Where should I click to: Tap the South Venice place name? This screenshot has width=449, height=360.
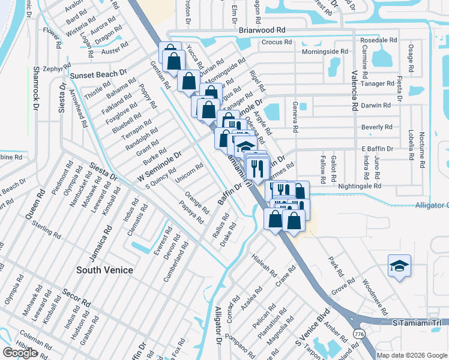(x=104, y=270)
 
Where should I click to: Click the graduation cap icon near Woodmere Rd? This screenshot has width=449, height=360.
(x=398, y=265)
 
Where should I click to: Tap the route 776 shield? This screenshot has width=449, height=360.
(x=360, y=333)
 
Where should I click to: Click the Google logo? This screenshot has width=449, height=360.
(x=20, y=353)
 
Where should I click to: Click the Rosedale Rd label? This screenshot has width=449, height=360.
(x=379, y=40)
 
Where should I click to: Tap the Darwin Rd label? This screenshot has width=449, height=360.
(x=376, y=105)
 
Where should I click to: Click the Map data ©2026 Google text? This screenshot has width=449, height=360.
(x=411, y=355)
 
